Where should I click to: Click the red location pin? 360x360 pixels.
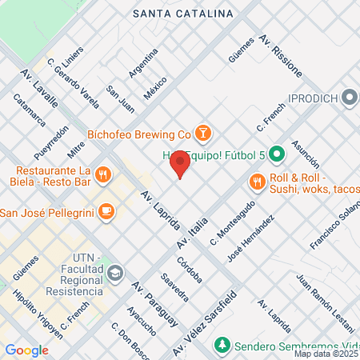pyautogui.click(x=180, y=165)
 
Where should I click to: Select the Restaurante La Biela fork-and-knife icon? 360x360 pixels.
pyautogui.click(x=102, y=175)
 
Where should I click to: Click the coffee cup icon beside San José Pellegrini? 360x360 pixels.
pyautogui.click(x=106, y=212)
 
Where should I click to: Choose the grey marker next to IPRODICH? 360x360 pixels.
pyautogui.click(x=349, y=99)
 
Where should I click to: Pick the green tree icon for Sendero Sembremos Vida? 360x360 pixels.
pyautogui.click(x=221, y=345)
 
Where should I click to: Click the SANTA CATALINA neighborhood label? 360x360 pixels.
pyautogui.click(x=183, y=14)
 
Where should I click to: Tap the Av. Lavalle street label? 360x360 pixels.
pyautogui.click(x=39, y=88)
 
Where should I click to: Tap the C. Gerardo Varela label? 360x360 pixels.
pyautogui.click(x=73, y=82)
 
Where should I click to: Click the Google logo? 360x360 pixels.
pyautogui.click(x=26, y=350)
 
